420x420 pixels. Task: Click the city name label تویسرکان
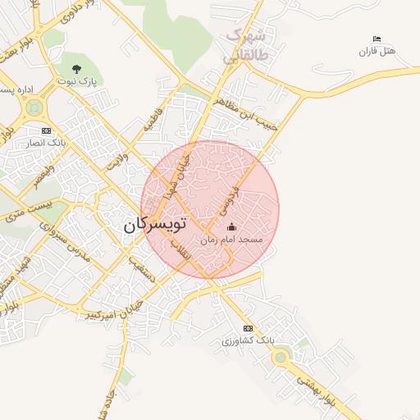pyautogui.click(x=157, y=225)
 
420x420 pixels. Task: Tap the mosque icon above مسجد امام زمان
pyautogui.click(x=231, y=227)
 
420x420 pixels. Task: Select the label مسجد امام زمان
pyautogui.click(x=231, y=240)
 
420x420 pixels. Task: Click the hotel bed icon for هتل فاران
pyautogui.click(x=377, y=39)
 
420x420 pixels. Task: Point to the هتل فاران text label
pyautogui.click(x=377, y=52)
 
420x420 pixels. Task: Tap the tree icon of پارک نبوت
pyautogui.click(x=77, y=70)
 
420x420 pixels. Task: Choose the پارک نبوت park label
pyautogui.click(x=77, y=82)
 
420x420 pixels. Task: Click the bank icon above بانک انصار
pyautogui.click(x=46, y=130)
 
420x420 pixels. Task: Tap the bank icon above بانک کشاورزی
pyautogui.click(x=248, y=328)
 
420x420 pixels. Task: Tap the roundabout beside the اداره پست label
pyautogui.click(x=34, y=107)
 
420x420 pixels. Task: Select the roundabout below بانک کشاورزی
pyautogui.click(x=281, y=357)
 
